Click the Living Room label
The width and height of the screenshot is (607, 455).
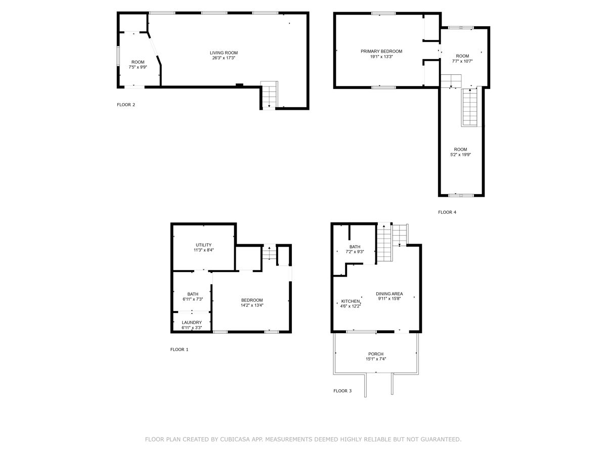[x=224, y=53]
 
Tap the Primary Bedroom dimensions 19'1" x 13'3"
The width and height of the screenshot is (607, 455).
[x=381, y=57]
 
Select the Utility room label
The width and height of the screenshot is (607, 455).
[x=203, y=245]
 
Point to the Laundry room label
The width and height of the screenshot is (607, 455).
[x=192, y=323]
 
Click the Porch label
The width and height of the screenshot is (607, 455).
[x=376, y=354]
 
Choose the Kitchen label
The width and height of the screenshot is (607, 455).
[x=351, y=301]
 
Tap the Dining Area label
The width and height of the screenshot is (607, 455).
[x=389, y=294]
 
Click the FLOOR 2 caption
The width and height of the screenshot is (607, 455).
[x=126, y=105]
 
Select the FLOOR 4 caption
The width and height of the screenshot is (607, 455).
[x=447, y=212]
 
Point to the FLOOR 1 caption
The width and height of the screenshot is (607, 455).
[x=179, y=349]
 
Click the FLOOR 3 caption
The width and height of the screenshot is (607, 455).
[x=342, y=391]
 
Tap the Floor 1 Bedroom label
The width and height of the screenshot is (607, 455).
[x=252, y=300]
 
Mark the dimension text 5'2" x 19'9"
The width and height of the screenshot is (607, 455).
[x=460, y=155]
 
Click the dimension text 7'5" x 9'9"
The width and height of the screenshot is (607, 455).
[x=138, y=67]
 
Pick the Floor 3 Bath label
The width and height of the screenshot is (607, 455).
[x=355, y=247]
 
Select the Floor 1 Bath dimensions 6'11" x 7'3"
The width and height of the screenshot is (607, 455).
[x=193, y=299]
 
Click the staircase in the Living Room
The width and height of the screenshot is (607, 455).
[x=269, y=95]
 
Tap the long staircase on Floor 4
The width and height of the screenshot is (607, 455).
[x=470, y=107]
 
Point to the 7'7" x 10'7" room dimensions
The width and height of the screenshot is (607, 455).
[x=462, y=61]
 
